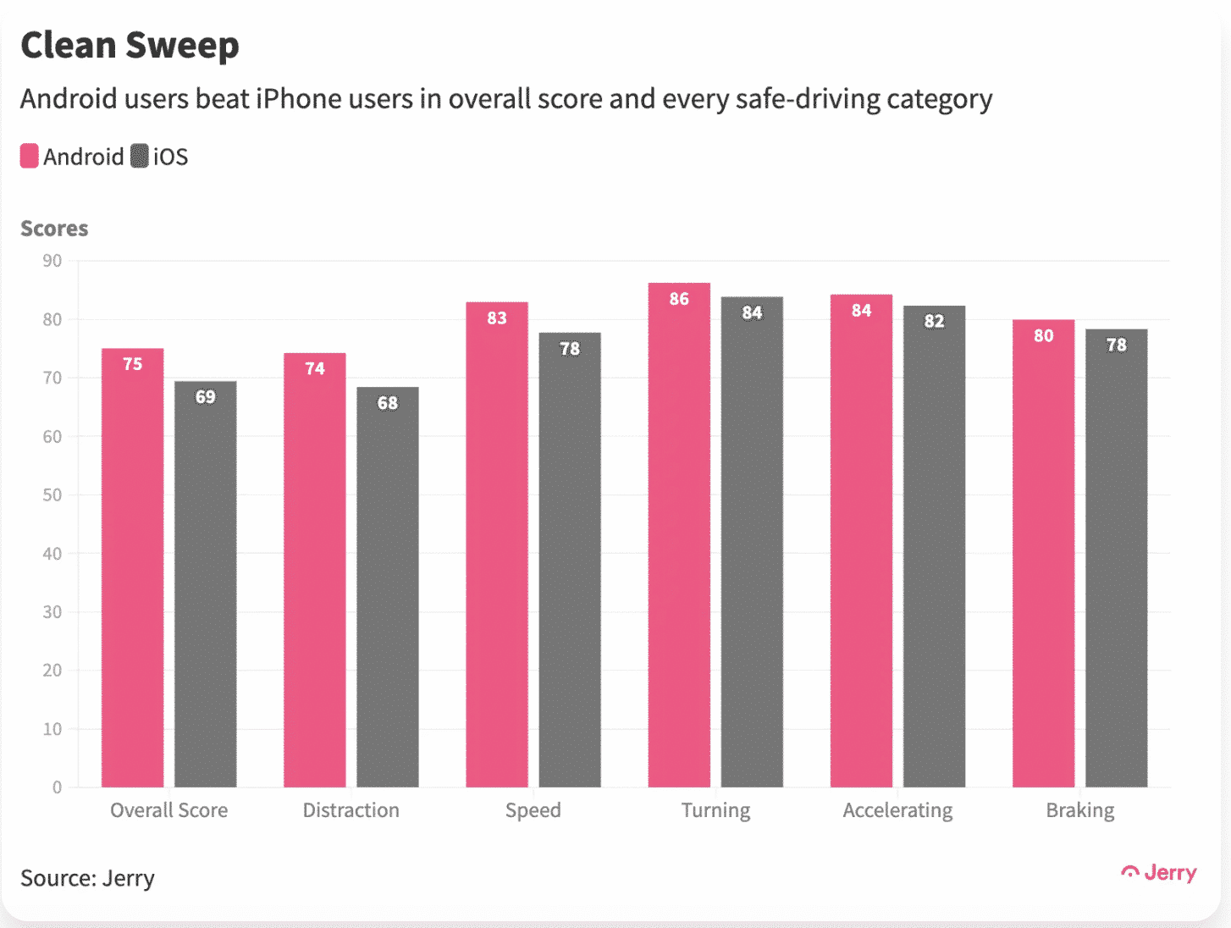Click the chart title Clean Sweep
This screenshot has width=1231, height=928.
pos(130,45)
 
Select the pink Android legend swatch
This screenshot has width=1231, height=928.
pos(30,157)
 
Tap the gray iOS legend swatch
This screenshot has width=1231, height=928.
pos(140,157)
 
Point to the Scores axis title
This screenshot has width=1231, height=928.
pos(54,229)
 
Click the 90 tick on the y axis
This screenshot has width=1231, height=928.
pos(52,261)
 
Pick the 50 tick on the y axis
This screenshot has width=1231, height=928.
pos(52,494)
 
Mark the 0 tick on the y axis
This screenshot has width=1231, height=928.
pos(57,787)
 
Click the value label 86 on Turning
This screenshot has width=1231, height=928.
pos(679,299)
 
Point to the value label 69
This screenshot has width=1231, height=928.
pos(206,397)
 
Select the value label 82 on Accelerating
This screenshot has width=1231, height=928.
pos(934,321)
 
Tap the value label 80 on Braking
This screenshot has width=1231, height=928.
pos(1043,336)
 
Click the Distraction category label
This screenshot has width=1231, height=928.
pos(351,810)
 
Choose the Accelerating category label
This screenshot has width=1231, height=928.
pos(897,810)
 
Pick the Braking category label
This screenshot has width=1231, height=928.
pos(1080,810)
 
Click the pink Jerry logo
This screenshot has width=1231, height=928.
pos(1159,873)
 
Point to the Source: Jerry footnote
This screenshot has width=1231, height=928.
pos(87,878)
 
